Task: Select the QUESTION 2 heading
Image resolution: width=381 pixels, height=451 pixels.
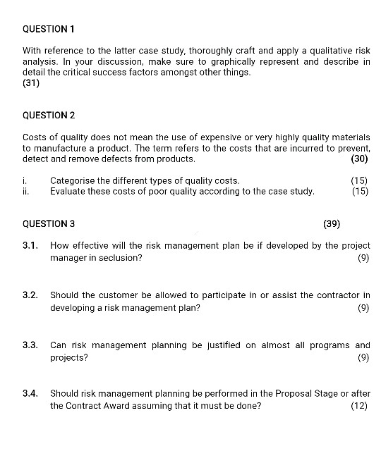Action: tap(49, 115)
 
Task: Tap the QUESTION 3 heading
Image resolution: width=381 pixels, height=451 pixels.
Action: tap(49, 224)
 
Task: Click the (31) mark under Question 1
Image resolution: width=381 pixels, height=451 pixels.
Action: tap(31, 83)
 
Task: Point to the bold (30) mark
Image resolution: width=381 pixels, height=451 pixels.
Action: tap(359, 159)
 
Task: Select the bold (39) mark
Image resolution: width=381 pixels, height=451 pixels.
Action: tap(332, 224)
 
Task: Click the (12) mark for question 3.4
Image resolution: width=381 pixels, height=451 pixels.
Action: tap(358, 405)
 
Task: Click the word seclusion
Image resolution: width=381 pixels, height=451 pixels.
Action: tap(120, 258)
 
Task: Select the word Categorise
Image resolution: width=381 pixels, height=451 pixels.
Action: tap(73, 180)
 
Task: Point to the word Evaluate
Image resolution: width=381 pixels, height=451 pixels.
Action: tap(68, 191)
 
